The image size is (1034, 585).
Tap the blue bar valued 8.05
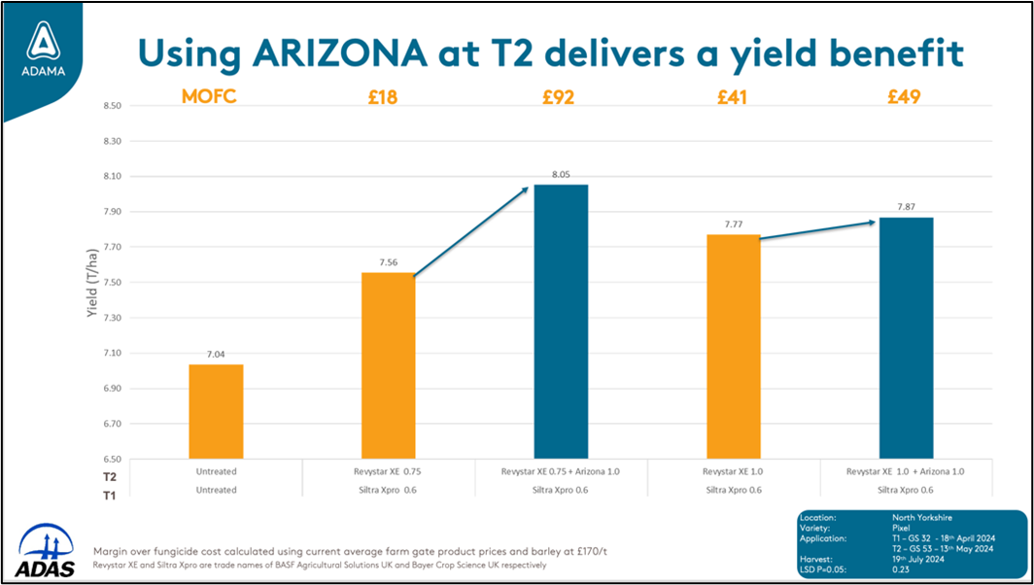click(x=561, y=322)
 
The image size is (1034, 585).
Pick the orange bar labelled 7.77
click(x=734, y=347)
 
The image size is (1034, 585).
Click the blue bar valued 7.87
click(x=906, y=338)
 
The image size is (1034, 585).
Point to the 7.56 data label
click(x=390, y=262)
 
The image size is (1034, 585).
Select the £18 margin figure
click(x=383, y=97)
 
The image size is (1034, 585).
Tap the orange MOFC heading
click(x=210, y=97)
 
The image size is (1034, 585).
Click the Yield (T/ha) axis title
click(x=93, y=283)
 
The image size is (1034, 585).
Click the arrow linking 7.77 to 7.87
click(x=817, y=230)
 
